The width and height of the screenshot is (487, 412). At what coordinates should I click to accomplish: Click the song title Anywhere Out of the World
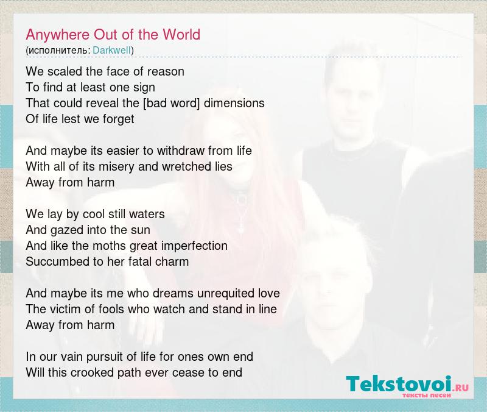(x=113, y=35)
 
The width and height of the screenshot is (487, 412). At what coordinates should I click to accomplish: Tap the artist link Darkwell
(x=112, y=51)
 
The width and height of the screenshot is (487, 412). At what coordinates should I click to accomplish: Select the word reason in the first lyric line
(x=166, y=72)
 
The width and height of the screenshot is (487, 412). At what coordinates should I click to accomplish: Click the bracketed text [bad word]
(x=172, y=103)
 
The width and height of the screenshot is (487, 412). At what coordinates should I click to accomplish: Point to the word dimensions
(x=234, y=103)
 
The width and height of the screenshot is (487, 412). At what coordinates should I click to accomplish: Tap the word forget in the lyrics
(x=118, y=119)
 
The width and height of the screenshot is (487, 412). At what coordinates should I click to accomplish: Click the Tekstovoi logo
(x=407, y=385)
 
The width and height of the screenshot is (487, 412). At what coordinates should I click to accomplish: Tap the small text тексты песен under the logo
(x=427, y=395)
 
